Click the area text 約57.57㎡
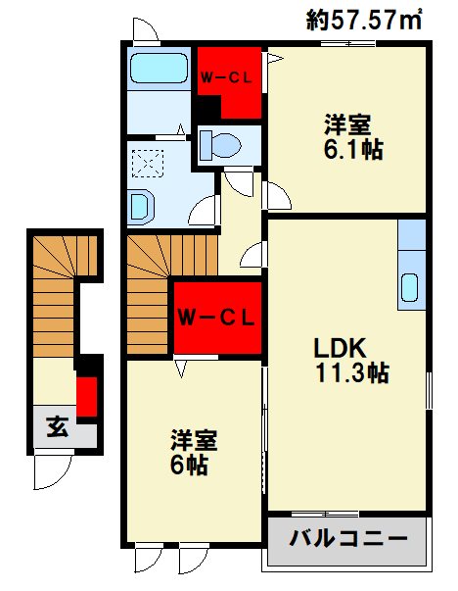[x=363, y=21]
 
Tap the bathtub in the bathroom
[x=159, y=69]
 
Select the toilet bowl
[x=221, y=145]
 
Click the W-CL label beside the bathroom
[x=226, y=78]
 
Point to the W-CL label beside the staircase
[x=216, y=318]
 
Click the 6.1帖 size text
[x=353, y=149]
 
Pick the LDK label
[x=340, y=348]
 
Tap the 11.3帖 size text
[x=352, y=372]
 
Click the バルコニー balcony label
[x=347, y=538]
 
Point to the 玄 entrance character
[x=57, y=426]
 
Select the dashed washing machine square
[x=148, y=164]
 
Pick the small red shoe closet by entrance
[x=87, y=396]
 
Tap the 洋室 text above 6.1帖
[x=347, y=124]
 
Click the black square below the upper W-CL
[x=208, y=107]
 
